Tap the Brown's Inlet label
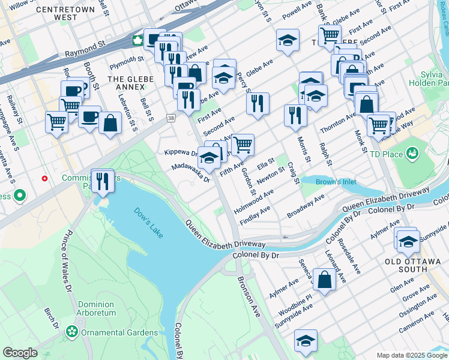pos(324,180)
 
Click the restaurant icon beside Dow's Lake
pos(103,180)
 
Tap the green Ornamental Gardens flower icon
pos(73,332)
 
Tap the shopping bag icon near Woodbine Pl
pos(324,280)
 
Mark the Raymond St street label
pos(85,46)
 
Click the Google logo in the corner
pos(20,353)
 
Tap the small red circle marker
pos(45,178)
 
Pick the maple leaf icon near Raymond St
pos(137,41)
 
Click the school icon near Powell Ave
pos(288,40)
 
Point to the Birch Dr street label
pos(52,322)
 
